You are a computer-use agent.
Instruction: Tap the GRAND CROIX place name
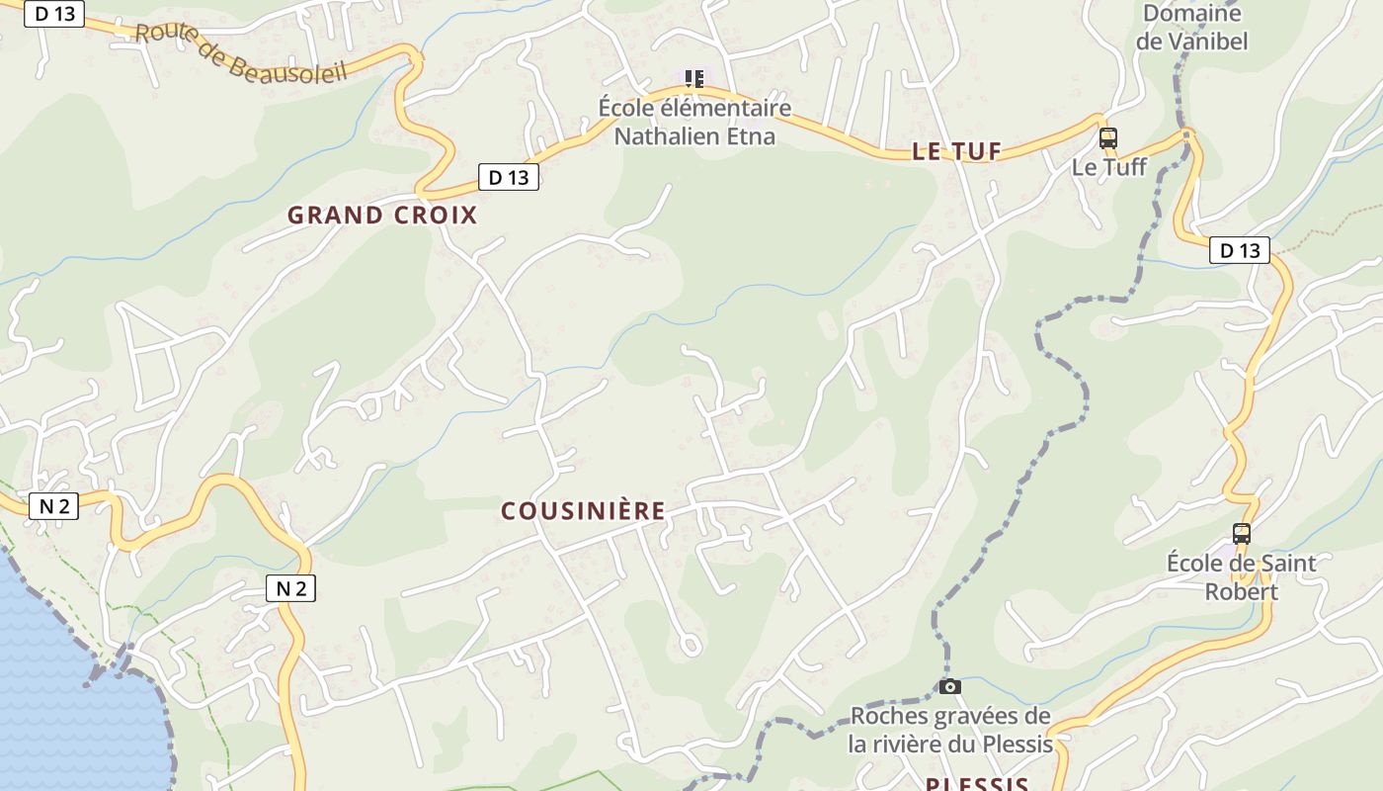click(382, 215)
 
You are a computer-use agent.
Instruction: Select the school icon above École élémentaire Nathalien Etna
click(694, 78)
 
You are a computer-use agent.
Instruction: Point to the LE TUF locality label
click(955, 151)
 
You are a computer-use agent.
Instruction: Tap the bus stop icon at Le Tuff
click(1108, 138)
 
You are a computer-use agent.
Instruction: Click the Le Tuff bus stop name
click(1109, 166)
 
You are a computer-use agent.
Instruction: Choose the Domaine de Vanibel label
click(1191, 27)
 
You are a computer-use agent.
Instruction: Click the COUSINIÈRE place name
click(583, 511)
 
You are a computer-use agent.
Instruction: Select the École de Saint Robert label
click(1241, 577)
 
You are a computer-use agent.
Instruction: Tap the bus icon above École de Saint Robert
click(1241, 534)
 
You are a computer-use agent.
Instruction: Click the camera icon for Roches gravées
click(950, 686)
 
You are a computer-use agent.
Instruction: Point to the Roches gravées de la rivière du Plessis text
click(950, 730)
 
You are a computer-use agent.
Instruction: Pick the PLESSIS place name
click(977, 784)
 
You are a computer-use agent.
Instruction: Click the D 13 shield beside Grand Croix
click(509, 177)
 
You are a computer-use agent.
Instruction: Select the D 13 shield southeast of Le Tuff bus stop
click(1240, 250)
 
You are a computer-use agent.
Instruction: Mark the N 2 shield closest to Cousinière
click(290, 588)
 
